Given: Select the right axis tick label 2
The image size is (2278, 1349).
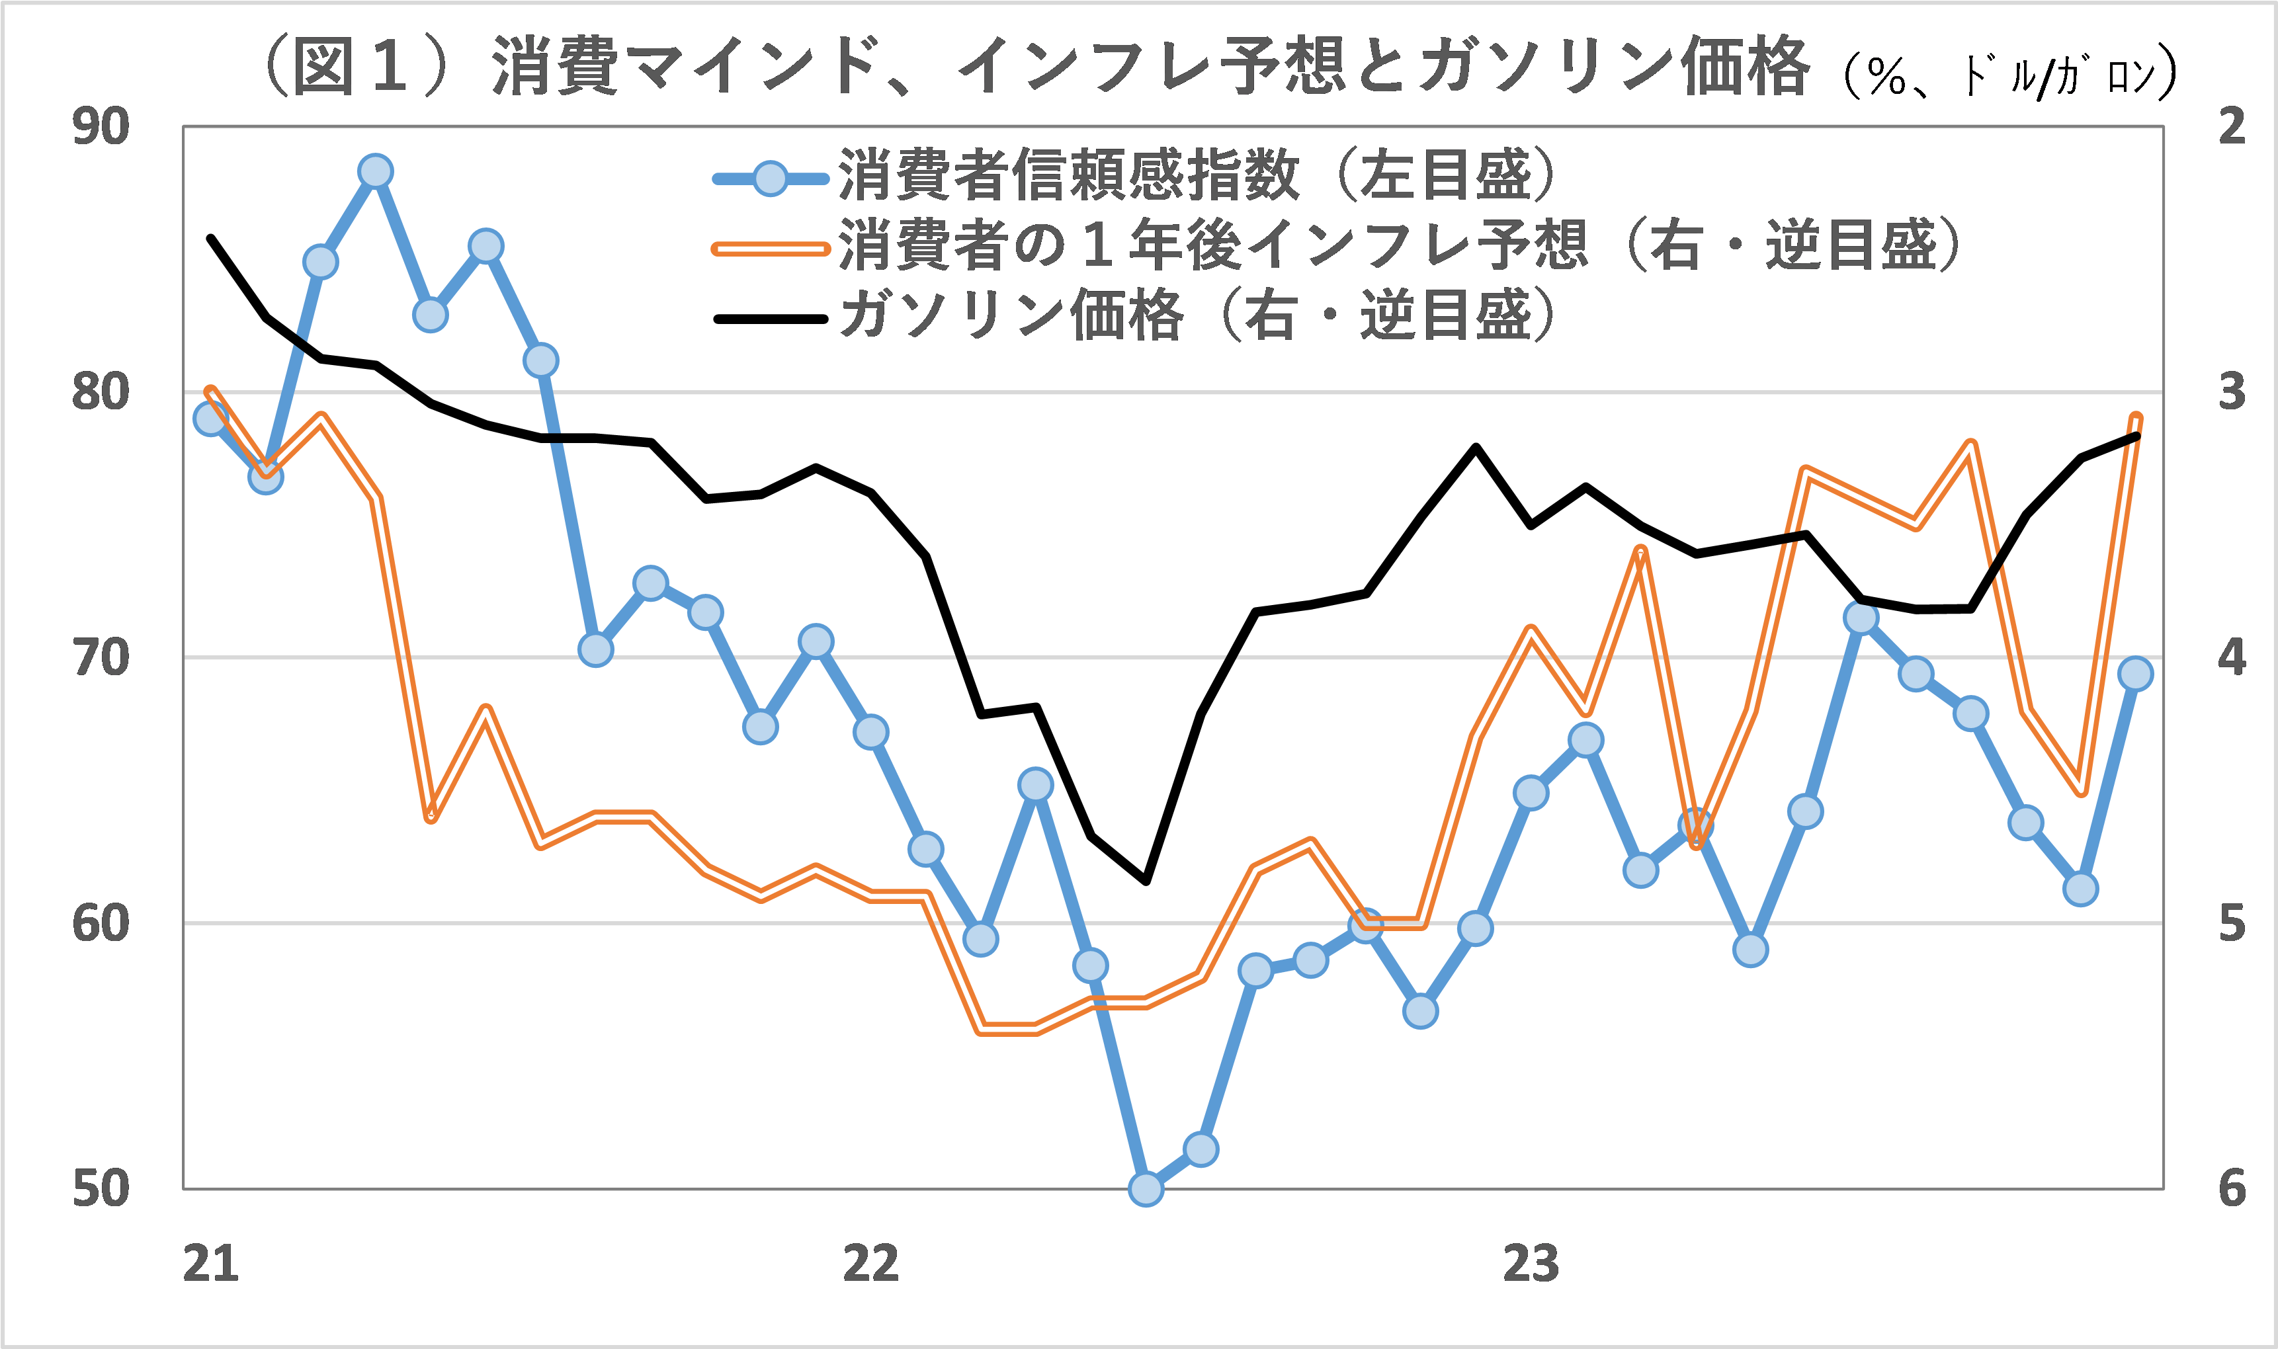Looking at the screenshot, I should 2232,126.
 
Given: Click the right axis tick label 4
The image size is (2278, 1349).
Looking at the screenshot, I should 2232,657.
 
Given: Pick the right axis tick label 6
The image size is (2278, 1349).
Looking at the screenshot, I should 2232,1188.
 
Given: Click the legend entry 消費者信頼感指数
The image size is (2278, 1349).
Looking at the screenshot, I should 1068,175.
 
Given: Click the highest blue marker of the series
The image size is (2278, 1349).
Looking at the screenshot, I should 376,171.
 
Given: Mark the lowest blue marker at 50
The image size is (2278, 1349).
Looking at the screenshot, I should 1146,1188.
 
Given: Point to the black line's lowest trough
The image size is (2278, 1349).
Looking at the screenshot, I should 1146,881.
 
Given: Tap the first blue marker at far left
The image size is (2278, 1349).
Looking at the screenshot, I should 211,419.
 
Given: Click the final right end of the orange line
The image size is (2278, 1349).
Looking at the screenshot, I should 2136,418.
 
